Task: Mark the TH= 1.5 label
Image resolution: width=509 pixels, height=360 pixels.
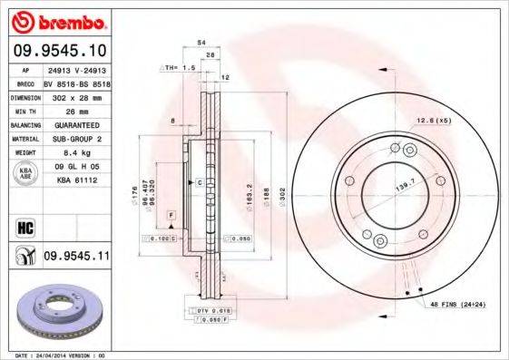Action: [180, 68]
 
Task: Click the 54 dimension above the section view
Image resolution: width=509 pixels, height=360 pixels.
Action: [201, 43]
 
